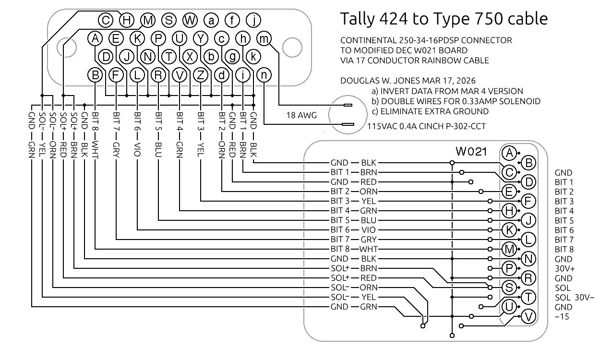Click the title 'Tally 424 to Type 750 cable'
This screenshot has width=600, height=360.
[x=444, y=19]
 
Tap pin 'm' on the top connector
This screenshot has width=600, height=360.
[x=264, y=38]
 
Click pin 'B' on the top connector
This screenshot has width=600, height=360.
[x=96, y=75]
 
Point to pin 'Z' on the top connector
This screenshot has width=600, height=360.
[x=201, y=75]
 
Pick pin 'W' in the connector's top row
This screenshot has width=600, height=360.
[x=190, y=20]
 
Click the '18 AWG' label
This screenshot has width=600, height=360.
[x=301, y=115]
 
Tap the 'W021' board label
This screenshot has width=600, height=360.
[x=471, y=152]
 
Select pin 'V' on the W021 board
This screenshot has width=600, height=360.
[x=528, y=316]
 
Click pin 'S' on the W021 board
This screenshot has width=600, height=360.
[x=508, y=287]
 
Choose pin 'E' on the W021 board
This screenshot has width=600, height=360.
[x=508, y=192]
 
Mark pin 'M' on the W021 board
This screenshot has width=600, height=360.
[x=508, y=249]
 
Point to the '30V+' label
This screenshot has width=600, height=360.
[x=564, y=269]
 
